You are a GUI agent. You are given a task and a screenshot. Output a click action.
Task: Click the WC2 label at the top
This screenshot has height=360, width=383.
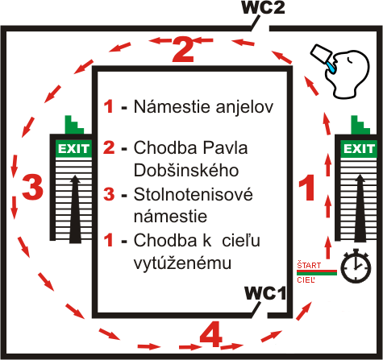pyautogui.click(x=264, y=7)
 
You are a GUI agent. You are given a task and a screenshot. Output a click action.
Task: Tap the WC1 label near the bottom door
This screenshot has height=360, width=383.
pyautogui.click(x=265, y=293)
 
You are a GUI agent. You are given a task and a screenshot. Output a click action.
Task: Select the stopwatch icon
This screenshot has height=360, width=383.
pyautogui.click(x=356, y=266)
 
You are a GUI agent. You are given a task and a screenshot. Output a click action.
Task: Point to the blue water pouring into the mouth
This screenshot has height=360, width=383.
pyautogui.click(x=331, y=67)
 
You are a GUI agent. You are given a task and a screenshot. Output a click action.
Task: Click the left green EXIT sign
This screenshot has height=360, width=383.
pyautogui.click(x=73, y=148)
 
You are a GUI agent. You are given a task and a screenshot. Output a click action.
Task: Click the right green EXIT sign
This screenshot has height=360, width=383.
pyautogui.click(x=359, y=148)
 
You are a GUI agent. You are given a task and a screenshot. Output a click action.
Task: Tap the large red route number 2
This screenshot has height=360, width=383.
pyautogui.click(x=183, y=50)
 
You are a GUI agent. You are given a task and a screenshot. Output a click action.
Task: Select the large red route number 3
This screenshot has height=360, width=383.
pyautogui.click(x=32, y=187)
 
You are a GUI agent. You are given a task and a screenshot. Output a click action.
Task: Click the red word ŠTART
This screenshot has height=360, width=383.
pyautogui.click(x=309, y=266)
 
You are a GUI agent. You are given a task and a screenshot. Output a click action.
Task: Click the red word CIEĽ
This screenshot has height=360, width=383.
pyautogui.click(x=306, y=280)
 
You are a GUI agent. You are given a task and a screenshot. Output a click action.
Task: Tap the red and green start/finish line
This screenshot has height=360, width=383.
pyautogui.click(x=317, y=272)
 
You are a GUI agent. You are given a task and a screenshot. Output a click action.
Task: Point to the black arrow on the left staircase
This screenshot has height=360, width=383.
pyautogui.click(x=75, y=209)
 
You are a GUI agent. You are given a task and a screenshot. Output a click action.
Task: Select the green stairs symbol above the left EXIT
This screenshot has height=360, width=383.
pyautogui.click(x=74, y=125)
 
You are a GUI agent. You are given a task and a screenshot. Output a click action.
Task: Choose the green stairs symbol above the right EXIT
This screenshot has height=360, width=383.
pyautogui.click(x=360, y=125)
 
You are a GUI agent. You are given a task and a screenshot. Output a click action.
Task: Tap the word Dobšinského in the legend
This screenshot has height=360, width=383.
pyautogui.click(x=186, y=171)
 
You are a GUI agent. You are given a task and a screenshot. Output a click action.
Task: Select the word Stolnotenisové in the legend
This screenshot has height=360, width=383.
pyautogui.click(x=194, y=194)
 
